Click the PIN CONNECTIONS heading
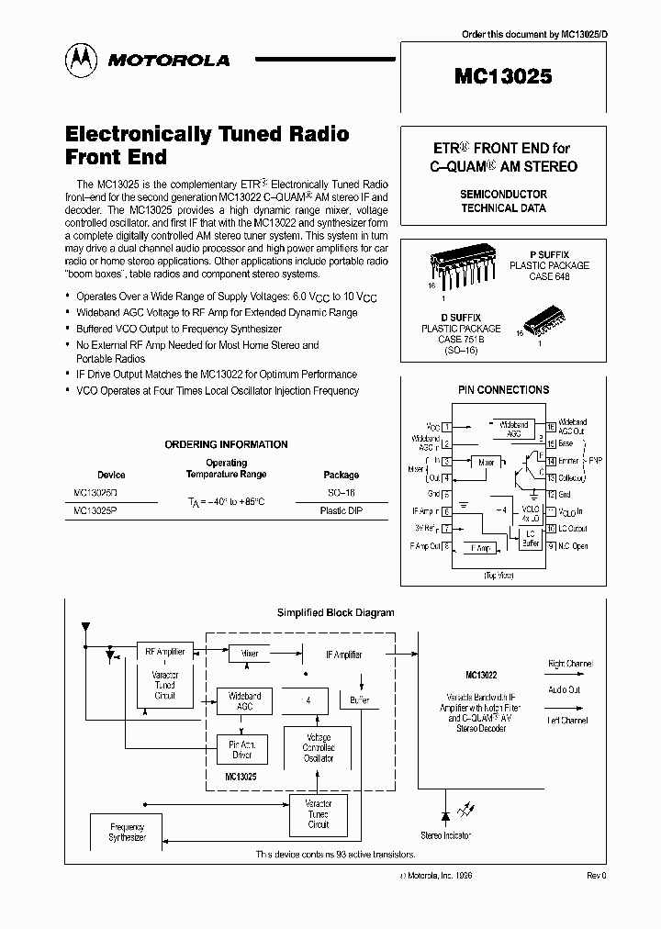pos(502,390)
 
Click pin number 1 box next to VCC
pos(446,427)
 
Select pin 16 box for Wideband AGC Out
pos(550,427)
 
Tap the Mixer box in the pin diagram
pos(487,463)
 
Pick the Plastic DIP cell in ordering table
pos(341,511)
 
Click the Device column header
pos(111,476)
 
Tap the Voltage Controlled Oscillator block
pos(319,748)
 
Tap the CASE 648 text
pos(550,276)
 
